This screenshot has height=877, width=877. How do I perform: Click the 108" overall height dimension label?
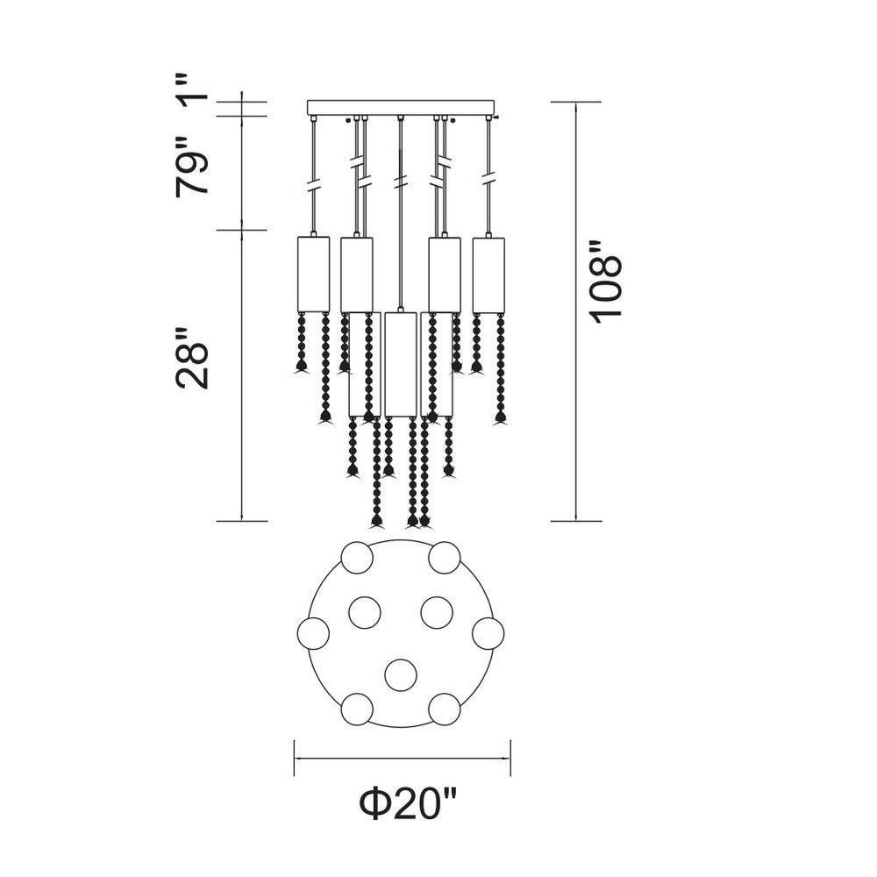606,282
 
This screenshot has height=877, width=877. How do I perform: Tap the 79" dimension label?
192,166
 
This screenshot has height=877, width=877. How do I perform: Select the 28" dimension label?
192,359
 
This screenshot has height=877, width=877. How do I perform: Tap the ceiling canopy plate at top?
402,108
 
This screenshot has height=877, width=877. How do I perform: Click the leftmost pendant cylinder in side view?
313,274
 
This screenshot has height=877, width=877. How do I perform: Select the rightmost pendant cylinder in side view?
488,275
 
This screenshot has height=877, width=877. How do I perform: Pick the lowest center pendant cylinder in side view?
401,365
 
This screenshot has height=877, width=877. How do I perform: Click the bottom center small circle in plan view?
402,675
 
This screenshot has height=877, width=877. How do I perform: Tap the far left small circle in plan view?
313,634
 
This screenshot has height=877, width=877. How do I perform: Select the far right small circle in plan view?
488,634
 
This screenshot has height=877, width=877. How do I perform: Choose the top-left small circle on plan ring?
357,557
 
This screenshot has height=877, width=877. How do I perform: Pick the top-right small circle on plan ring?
446,557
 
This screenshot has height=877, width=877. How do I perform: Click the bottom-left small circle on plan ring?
357,709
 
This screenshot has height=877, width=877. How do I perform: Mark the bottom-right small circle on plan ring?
446,709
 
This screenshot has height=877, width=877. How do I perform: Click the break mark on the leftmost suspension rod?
313,184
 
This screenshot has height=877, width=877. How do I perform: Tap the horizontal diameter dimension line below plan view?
403,759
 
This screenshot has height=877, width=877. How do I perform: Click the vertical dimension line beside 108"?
576,311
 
